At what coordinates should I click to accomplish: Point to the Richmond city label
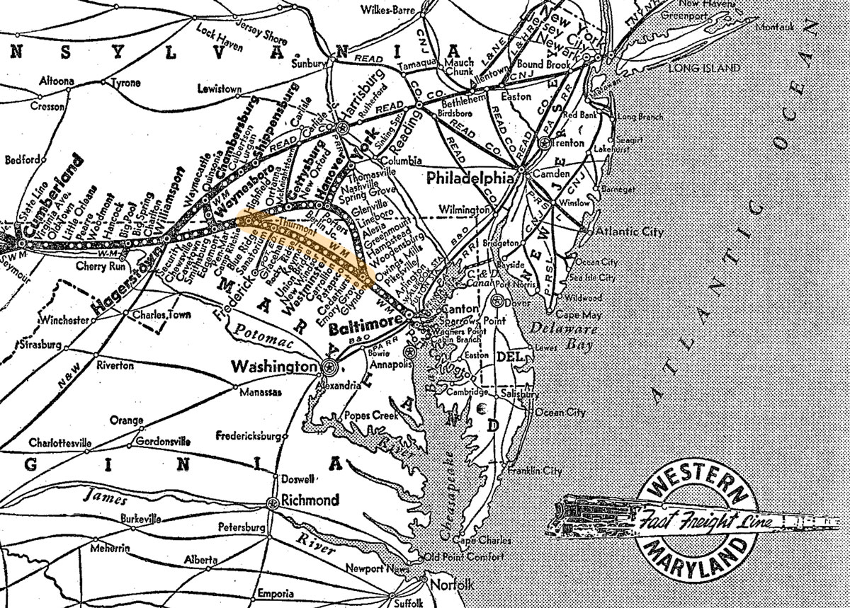[310, 500]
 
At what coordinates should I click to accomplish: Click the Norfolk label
[450, 585]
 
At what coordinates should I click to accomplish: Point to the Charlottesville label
[60, 443]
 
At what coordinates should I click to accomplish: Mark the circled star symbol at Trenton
[544, 142]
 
